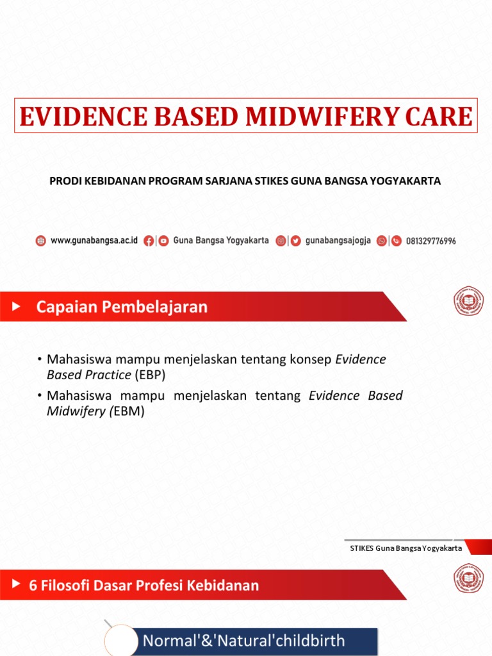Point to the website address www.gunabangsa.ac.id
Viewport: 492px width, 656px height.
[94, 241]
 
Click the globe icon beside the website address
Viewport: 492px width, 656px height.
[41, 241]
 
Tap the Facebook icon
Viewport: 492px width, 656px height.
[149, 241]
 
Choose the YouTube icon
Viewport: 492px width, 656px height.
[163, 241]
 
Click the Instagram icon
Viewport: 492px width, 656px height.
[281, 241]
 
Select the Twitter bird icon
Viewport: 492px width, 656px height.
[295, 241]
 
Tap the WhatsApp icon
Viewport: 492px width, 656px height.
[382, 241]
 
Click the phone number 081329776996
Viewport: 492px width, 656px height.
[431, 242]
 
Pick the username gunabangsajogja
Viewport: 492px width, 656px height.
[338, 241]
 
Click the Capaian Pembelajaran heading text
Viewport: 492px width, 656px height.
[122, 307]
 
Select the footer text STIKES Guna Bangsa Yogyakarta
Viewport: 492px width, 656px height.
[406, 548]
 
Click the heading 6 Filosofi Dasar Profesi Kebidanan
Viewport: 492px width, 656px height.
[144, 585]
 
